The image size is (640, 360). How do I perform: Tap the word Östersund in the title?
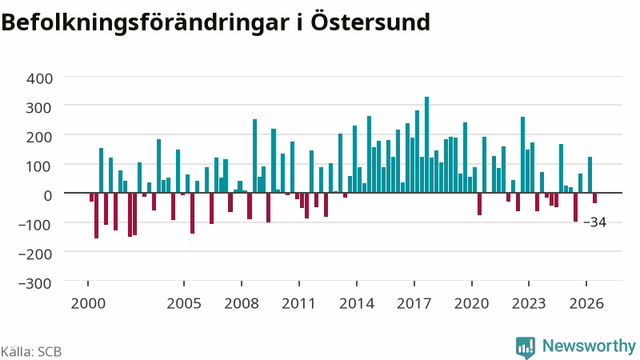pyautogui.click(x=370, y=22)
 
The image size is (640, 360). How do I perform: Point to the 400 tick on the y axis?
pyautogui.click(x=39, y=78)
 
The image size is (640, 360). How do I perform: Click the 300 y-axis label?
pyautogui.click(x=39, y=108)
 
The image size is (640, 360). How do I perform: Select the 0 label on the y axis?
pyautogui.click(x=48, y=195)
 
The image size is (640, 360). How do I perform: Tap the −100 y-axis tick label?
pyautogui.click(x=35, y=225)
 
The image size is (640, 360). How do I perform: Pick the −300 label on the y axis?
pyautogui.click(x=35, y=283)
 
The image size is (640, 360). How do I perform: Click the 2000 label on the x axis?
pyautogui.click(x=88, y=304)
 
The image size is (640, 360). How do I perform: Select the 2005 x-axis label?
pyautogui.click(x=184, y=304)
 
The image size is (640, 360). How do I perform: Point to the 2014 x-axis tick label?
pyautogui.click(x=357, y=304)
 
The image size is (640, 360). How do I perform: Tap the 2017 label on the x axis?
pyautogui.click(x=414, y=304)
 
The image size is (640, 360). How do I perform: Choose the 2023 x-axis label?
pyautogui.click(x=529, y=304)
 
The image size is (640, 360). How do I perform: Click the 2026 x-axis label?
pyautogui.click(x=586, y=304)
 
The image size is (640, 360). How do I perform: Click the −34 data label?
pyautogui.click(x=595, y=222)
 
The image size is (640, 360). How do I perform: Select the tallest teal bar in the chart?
pyautogui.click(x=427, y=145)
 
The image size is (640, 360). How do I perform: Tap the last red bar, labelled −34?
pyautogui.click(x=594, y=198)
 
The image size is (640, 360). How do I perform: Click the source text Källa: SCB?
pyautogui.click(x=31, y=352)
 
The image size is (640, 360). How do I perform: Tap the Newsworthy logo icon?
pyautogui.click(x=526, y=348)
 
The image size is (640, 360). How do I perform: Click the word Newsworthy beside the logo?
pyautogui.click(x=589, y=346)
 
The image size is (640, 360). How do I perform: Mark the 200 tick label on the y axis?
pyautogui.click(x=39, y=137)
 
